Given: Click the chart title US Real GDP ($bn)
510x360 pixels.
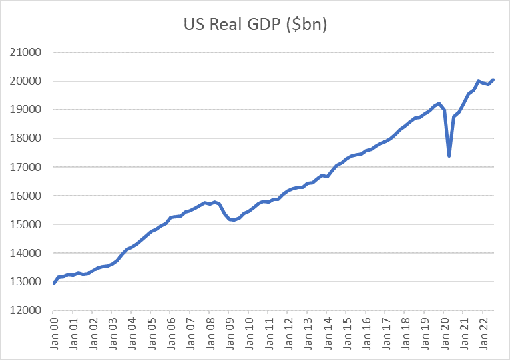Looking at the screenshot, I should [x=256, y=25].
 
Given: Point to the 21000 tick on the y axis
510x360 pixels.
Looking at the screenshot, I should [x=27, y=53].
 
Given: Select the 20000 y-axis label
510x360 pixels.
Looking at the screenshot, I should [x=27, y=81].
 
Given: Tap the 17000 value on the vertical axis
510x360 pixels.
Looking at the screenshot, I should [x=27, y=168].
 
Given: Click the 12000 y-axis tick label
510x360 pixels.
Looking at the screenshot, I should [x=27, y=311].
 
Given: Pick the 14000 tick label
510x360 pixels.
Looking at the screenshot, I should [x=27, y=254].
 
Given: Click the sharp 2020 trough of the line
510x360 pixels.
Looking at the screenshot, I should [x=449, y=156].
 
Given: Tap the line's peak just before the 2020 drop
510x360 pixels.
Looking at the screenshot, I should [x=439, y=104].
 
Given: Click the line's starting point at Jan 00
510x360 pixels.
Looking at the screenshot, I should [x=54, y=283].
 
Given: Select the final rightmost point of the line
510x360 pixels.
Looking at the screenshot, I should [x=493, y=80].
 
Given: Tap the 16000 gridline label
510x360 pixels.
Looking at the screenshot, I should [x=27, y=196].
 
